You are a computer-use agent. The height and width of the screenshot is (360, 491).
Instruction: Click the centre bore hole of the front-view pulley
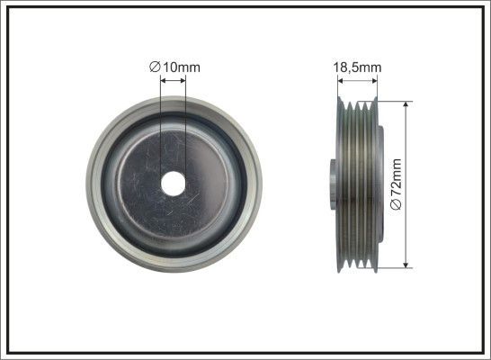[x=173, y=180]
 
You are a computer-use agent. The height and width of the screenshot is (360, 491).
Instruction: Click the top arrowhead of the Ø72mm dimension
[x=406, y=104]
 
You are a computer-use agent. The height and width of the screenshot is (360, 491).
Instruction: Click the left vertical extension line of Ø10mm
[x=160, y=126]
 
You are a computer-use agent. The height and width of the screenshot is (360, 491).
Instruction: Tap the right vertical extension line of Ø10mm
[x=185, y=126]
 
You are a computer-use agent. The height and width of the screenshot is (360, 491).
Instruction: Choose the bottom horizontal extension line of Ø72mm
[x=392, y=267]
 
